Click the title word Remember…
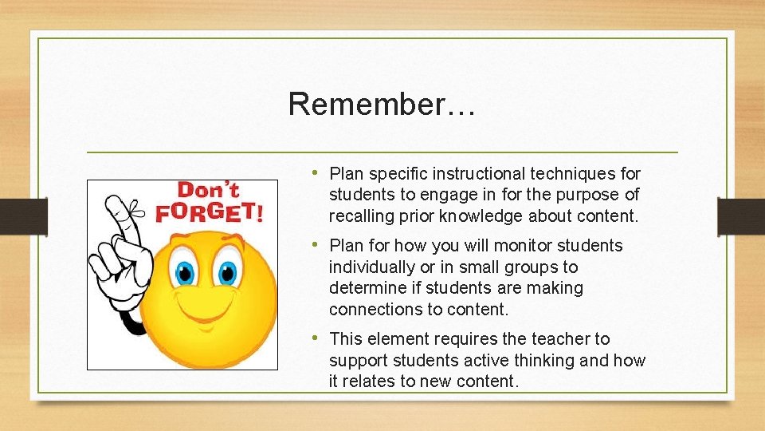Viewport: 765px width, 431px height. tap(382, 104)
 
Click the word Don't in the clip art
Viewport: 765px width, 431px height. tap(208, 191)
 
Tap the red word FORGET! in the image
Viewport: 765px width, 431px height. tap(209, 212)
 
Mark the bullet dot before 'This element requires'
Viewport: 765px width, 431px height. tap(316, 338)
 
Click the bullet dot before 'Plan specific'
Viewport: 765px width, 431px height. tap(316, 173)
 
